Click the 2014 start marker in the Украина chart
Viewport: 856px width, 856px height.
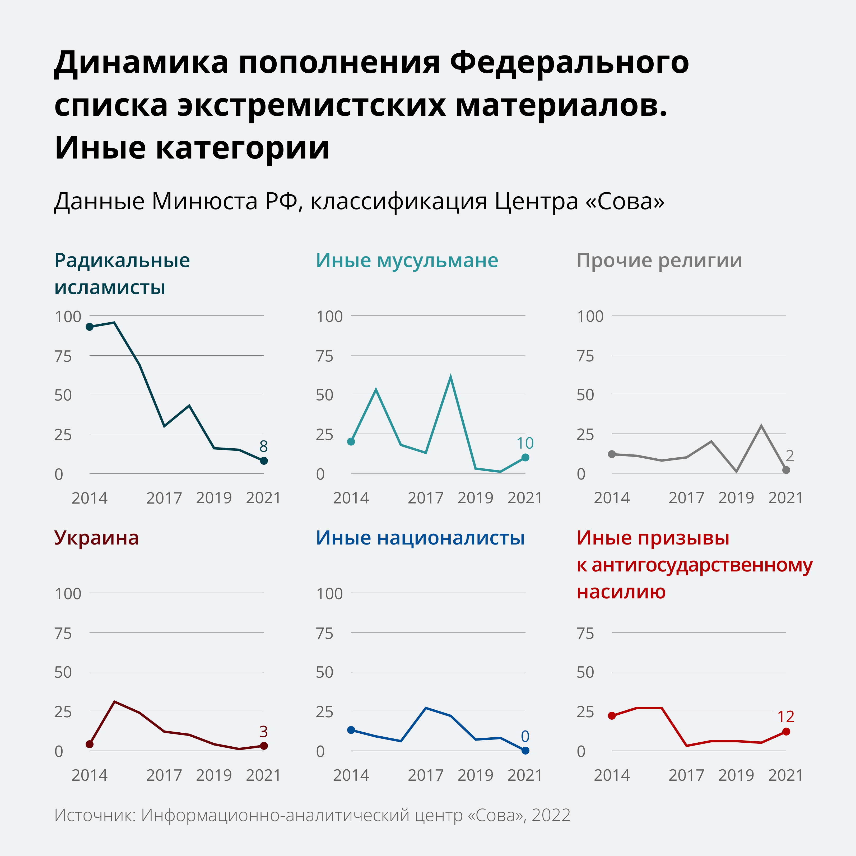(x=90, y=744)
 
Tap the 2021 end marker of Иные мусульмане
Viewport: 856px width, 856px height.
(x=525, y=457)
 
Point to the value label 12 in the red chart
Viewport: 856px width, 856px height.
(x=785, y=717)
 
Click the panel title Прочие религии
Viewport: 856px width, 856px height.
(x=659, y=260)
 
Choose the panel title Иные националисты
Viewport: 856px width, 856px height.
(x=420, y=538)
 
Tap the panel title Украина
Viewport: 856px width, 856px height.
(x=96, y=538)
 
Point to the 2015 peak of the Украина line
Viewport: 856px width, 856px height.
(x=114, y=702)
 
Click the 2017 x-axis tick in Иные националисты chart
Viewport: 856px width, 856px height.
(x=425, y=775)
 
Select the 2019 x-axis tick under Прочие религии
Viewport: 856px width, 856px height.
(x=736, y=498)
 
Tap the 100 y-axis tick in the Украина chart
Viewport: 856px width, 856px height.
(x=68, y=594)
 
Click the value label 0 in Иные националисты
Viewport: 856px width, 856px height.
(x=525, y=736)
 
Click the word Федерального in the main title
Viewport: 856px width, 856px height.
(x=569, y=62)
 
